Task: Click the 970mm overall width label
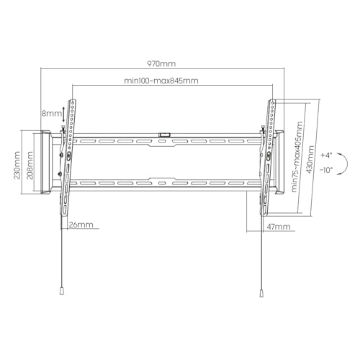[x=161, y=63]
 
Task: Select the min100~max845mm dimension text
[x=161, y=81]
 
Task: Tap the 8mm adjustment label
[x=52, y=113]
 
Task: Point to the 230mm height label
[x=17, y=165]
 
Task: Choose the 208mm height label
[x=30, y=165]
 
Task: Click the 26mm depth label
[x=81, y=225]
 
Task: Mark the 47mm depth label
[x=279, y=227]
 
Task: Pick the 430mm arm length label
[x=310, y=159]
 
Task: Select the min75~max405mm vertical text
[x=297, y=157]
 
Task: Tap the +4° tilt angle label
[x=326, y=155]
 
